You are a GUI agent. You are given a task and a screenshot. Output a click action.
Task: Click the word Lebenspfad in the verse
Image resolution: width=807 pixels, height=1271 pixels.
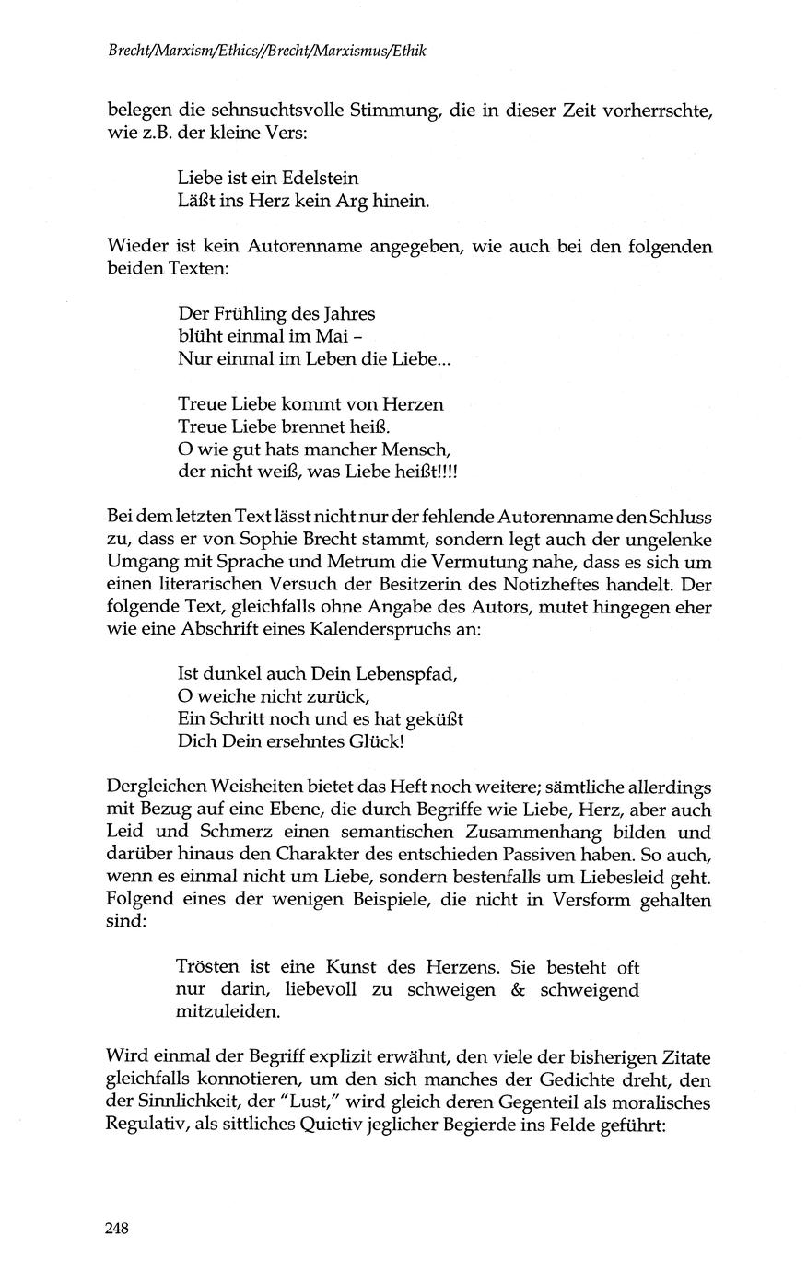[x=406, y=673]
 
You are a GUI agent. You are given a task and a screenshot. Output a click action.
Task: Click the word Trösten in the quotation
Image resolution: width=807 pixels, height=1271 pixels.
[x=208, y=967]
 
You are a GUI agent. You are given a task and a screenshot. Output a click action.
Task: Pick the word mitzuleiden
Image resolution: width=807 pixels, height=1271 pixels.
[x=227, y=1011]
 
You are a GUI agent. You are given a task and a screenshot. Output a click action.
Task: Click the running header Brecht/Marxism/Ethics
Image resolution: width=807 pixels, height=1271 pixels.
[x=183, y=53]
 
